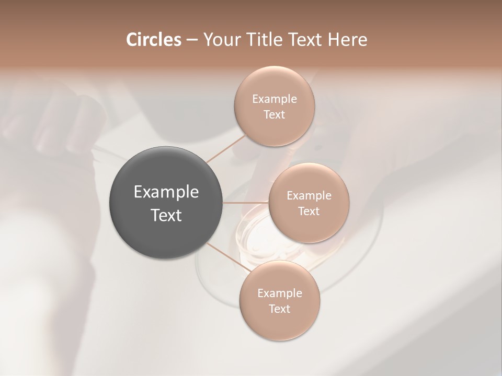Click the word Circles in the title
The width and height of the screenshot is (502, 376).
(x=153, y=40)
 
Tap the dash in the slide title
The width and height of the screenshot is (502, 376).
(x=191, y=40)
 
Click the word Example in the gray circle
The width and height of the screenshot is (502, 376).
(x=166, y=192)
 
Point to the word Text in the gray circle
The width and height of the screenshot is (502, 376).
(x=166, y=215)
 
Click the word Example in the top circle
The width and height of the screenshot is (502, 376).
(x=275, y=99)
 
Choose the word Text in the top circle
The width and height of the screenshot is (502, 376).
(x=274, y=115)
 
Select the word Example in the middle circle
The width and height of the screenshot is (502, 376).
(x=309, y=196)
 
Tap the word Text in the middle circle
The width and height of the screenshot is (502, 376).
(x=309, y=211)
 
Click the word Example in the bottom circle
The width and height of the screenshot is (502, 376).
(x=280, y=293)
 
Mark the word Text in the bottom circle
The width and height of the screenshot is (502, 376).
(x=279, y=309)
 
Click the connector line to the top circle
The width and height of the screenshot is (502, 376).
(x=226, y=148)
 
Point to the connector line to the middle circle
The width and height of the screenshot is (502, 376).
(x=246, y=203)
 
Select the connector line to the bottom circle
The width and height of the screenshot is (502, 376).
(x=227, y=257)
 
